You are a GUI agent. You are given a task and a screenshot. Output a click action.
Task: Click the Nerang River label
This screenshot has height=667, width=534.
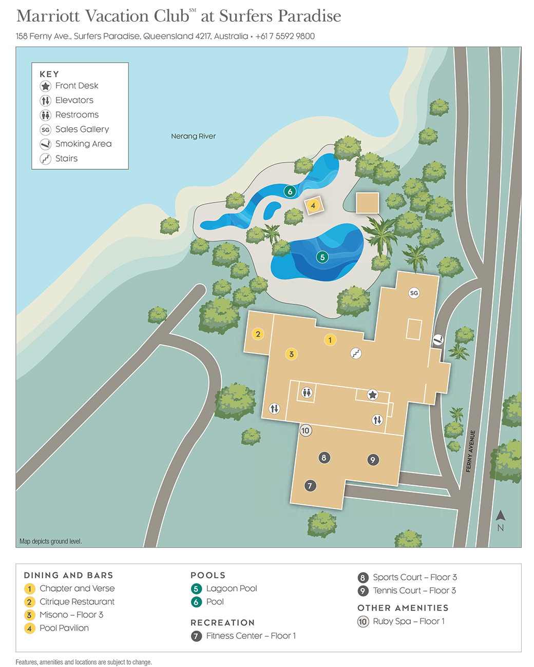click(193, 136)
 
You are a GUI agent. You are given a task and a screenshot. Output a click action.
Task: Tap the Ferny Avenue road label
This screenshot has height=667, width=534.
click(471, 451)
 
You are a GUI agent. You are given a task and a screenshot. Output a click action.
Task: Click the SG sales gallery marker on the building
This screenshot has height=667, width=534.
click(414, 293)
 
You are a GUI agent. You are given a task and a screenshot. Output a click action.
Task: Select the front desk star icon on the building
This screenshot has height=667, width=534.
click(373, 395)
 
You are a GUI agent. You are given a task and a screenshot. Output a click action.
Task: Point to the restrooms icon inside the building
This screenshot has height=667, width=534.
click(307, 393)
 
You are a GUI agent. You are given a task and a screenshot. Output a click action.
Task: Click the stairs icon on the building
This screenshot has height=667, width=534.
click(356, 353)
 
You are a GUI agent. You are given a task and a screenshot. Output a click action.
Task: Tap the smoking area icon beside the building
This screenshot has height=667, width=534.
click(437, 339)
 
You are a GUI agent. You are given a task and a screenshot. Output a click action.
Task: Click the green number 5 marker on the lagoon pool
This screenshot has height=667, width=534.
click(322, 257)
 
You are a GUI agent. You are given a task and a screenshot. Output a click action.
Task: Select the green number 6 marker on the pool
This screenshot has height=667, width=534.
click(290, 191)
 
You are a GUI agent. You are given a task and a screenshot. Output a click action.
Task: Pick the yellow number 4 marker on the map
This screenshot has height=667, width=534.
click(313, 205)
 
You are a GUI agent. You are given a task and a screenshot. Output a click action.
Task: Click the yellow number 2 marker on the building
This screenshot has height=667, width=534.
click(258, 334)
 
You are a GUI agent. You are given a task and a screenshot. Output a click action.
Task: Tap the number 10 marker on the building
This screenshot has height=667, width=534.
click(306, 430)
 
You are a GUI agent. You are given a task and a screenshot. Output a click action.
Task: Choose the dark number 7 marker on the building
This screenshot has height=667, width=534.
click(310, 485)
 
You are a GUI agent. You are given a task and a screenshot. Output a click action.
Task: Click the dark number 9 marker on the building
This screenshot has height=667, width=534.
click(373, 460)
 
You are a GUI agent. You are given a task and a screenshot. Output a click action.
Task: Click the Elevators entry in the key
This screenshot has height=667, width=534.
click(74, 101)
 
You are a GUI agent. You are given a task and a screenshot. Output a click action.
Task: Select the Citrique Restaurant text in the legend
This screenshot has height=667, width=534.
click(77, 602)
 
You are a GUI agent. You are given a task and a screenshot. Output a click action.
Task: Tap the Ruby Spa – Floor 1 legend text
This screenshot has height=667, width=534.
click(409, 621)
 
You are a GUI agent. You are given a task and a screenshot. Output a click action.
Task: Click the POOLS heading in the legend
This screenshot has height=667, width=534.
click(208, 575)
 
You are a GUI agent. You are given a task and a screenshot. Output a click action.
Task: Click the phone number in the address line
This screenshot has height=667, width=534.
click(285, 36)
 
